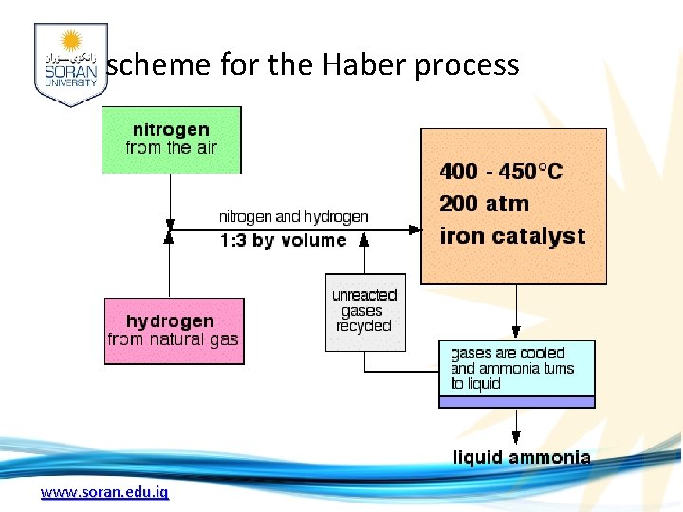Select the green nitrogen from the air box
[172, 139]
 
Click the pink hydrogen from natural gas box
[174, 331]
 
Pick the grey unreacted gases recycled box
[364, 312]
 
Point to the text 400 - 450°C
[501, 172]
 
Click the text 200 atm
[484, 204]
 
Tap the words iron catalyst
[512, 235]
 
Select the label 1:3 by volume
[283, 241]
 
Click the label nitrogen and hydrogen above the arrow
[293, 217]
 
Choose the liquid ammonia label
[522, 458]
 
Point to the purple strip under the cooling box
[516, 402]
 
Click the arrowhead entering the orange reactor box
[415, 229]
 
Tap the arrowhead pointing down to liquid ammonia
[516, 437]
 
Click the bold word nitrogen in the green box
[171, 130]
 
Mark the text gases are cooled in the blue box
[508, 354]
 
